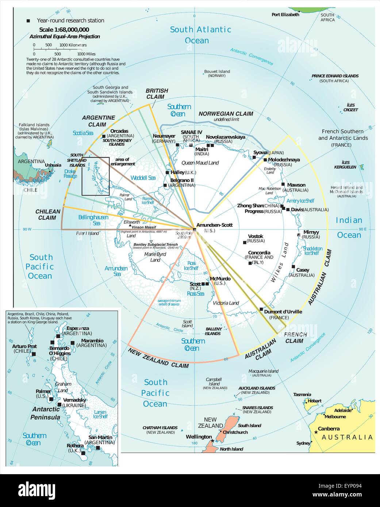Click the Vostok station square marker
tap(244, 242)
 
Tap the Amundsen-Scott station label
tap(214, 225)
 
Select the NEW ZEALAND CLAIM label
tap(158, 357)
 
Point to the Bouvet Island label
tap(217, 71)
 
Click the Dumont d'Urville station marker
tap(261, 309)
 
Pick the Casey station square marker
tap(293, 267)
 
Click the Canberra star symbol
tap(315, 432)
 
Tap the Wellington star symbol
tap(212, 441)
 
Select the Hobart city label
tap(314, 401)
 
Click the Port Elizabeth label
tap(285, 15)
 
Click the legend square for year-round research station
tap(28, 21)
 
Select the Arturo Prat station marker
tap(34, 354)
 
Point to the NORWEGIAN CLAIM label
tap(226, 114)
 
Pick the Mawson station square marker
tap(283, 185)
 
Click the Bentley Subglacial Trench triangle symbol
tap(151, 242)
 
